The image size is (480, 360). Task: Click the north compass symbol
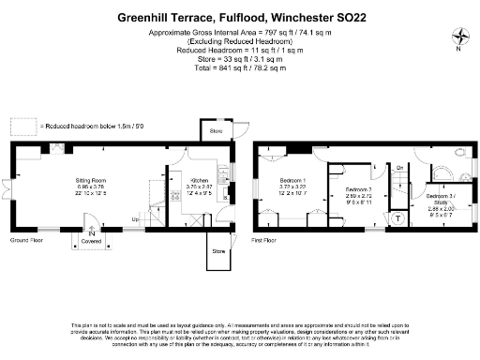click(x=459, y=37)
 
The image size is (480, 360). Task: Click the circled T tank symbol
click(x=397, y=218)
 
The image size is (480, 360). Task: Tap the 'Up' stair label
click(x=135, y=220)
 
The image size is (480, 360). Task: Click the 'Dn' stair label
click(x=398, y=168)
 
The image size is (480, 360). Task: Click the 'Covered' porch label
click(x=91, y=240)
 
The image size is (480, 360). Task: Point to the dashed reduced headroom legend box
click(x=24, y=124)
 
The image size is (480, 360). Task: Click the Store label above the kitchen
click(x=216, y=132)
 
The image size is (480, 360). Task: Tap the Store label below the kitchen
click(x=218, y=251)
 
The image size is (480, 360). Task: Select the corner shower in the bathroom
click(x=441, y=173)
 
